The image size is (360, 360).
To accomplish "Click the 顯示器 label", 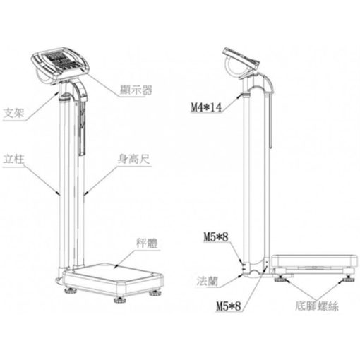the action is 136,90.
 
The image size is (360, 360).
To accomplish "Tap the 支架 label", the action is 14,113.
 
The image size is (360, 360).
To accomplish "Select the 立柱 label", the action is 13,160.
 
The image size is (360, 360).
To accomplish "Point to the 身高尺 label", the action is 134,160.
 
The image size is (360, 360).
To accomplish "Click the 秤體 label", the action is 147,244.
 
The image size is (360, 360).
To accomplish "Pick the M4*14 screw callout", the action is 206,107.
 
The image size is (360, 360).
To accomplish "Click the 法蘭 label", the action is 208,281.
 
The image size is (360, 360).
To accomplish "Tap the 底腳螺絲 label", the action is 317,306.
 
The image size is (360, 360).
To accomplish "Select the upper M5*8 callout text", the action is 216,236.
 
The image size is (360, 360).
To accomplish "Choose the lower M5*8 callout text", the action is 229,306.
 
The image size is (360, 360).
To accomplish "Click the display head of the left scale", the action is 61,64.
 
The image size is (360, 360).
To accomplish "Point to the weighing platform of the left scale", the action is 113,279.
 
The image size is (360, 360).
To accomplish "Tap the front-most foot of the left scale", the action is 120,299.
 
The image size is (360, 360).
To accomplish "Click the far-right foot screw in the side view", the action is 349,280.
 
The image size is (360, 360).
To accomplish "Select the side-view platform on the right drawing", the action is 315,263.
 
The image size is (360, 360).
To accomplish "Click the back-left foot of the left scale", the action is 71,291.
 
